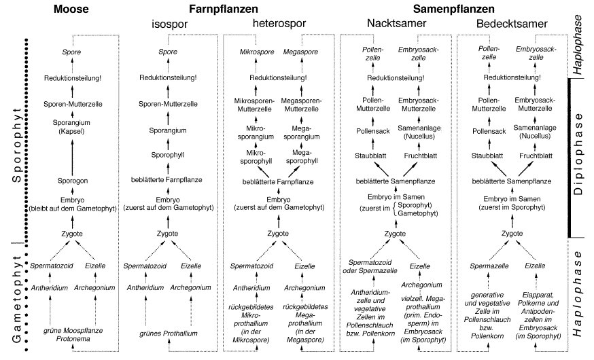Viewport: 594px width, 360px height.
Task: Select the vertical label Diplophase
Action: [x=579, y=156]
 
